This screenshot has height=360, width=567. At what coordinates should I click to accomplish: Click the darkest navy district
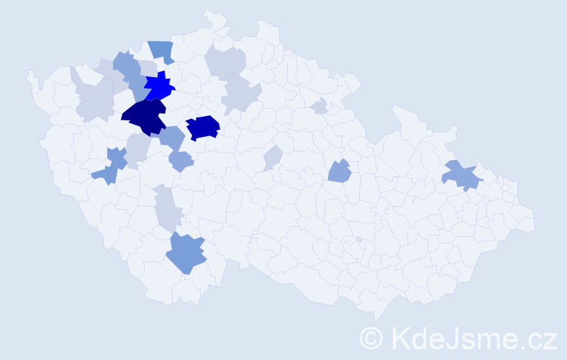(x=144, y=117)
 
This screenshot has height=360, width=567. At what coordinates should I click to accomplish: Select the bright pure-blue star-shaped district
(x=159, y=87)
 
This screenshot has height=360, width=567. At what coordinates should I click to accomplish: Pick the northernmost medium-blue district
(x=162, y=51)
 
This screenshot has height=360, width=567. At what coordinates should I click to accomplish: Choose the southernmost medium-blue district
(x=186, y=253)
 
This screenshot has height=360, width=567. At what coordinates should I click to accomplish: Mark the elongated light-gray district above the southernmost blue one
(x=168, y=207)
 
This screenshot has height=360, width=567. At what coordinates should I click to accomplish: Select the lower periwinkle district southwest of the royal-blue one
(x=181, y=161)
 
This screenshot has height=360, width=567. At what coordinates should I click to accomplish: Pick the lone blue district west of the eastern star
(x=339, y=171)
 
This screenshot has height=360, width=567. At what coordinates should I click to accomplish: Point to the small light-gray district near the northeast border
(x=319, y=107)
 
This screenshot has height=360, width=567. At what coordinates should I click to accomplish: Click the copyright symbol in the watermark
(x=371, y=338)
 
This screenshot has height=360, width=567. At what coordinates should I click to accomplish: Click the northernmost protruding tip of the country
(x=209, y=12)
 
